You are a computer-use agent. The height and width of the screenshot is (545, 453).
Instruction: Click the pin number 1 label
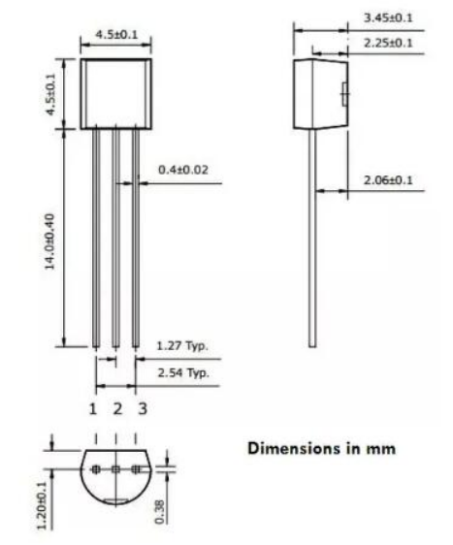point(94,408)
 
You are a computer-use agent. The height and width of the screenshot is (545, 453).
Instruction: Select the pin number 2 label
point(117,408)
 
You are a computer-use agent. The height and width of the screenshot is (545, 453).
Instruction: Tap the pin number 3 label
point(142,408)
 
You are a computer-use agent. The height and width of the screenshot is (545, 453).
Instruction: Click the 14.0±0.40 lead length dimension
point(49,237)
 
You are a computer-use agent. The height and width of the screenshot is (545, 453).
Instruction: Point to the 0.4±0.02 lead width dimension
point(181,169)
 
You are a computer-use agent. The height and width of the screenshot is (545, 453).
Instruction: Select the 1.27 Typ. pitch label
point(182,344)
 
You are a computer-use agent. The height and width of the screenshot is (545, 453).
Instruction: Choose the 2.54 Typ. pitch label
point(182,371)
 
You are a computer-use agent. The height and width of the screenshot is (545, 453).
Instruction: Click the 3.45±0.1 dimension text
point(387,17)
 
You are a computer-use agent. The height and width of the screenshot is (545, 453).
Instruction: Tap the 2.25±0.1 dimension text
point(387,42)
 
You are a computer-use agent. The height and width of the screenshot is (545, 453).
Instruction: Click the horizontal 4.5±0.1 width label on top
point(116,35)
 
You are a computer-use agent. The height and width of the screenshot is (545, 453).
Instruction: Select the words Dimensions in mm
point(321,449)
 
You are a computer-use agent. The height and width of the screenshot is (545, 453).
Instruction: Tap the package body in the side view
point(320,93)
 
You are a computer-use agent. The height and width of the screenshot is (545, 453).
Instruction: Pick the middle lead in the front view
point(115,238)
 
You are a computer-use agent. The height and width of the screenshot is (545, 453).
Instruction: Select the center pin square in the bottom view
point(115,470)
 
